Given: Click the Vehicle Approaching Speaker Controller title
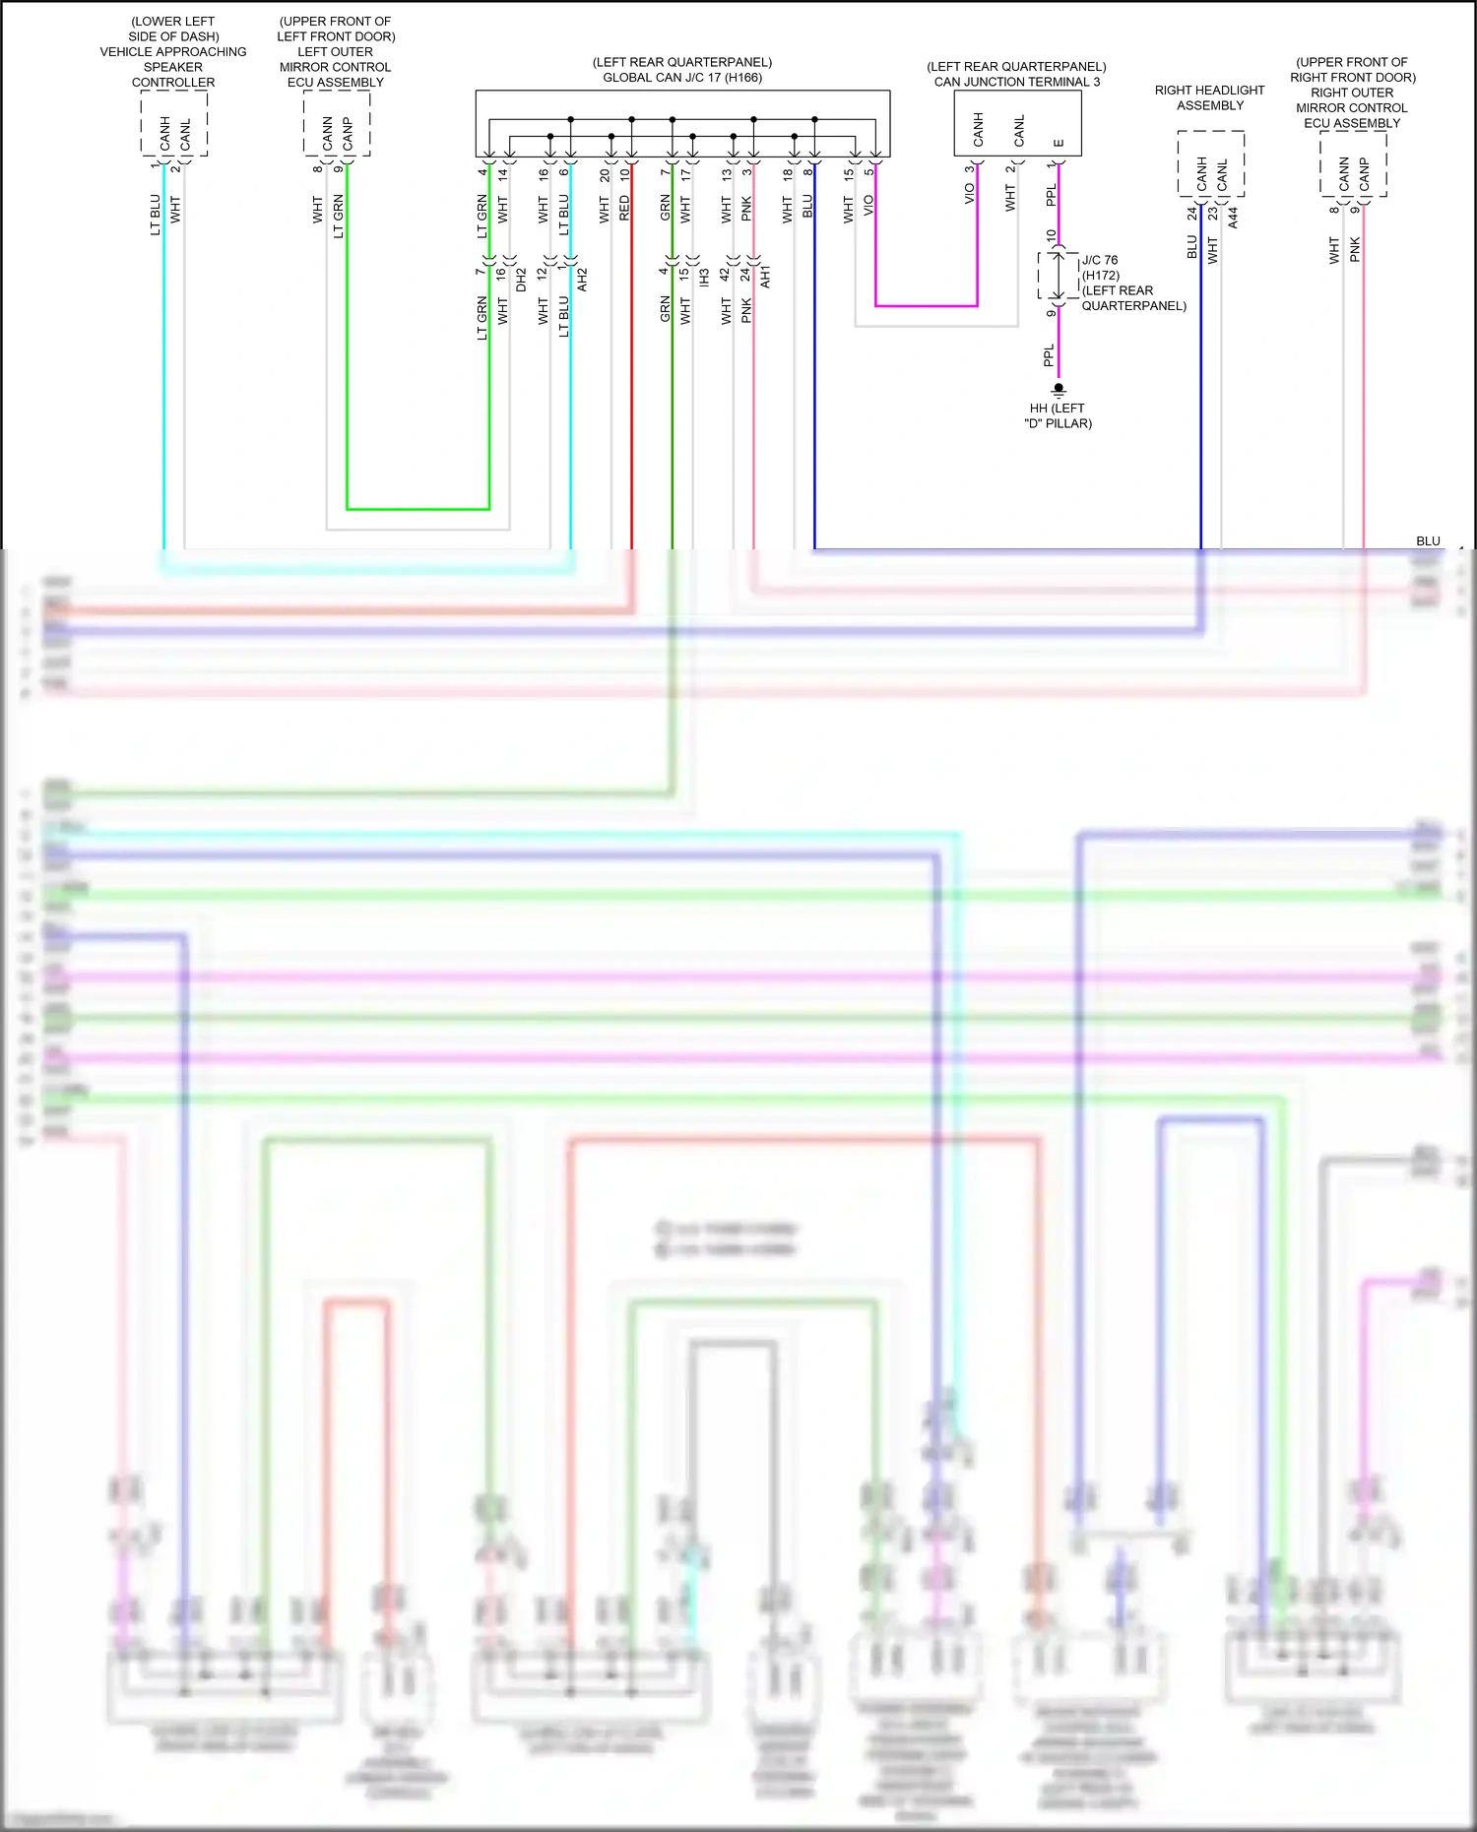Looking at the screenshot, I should (173, 52).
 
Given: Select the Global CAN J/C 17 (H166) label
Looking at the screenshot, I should (682, 78).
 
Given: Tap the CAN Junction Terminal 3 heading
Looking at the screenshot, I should (1017, 82).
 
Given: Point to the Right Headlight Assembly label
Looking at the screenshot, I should (1209, 97).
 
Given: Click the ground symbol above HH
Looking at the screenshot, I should (1059, 390).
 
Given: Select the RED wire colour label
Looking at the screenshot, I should (624, 208).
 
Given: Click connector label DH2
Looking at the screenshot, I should (522, 280).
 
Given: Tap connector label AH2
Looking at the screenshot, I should (583, 279).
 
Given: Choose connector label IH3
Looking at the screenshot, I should (705, 279).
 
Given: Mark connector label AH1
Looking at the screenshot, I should (766, 277).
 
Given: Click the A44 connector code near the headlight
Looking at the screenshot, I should (1233, 218).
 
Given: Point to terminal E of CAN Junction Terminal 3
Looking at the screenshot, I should (1059, 143).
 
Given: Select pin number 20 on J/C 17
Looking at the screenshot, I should (605, 175).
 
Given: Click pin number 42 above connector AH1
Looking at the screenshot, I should (725, 274).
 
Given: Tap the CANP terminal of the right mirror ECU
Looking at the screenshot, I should (1364, 175).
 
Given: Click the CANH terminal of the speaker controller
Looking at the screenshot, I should (164, 134).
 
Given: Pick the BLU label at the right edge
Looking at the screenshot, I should (1428, 541).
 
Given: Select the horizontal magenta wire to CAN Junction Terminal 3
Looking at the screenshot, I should (926, 306).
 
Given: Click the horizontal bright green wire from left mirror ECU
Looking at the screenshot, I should (418, 509).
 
